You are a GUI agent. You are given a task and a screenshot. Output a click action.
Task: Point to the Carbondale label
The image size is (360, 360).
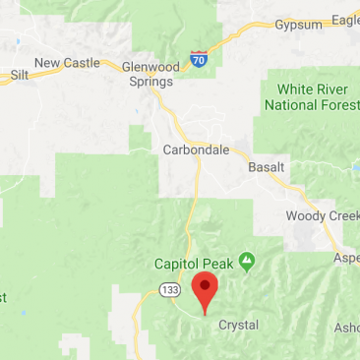point(196,150)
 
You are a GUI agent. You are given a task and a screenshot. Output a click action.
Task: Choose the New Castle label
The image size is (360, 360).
point(67,63)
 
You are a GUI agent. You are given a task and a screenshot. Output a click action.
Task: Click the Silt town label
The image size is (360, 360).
point(19,75)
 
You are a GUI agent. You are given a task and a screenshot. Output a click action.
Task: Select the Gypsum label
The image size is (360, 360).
point(298,24)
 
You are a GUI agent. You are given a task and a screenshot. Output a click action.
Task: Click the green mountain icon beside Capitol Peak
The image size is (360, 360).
point(247,262)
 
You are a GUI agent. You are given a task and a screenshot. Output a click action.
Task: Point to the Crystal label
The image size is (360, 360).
point(238,325)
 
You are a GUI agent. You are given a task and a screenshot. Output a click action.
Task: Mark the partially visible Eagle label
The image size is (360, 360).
point(345,19)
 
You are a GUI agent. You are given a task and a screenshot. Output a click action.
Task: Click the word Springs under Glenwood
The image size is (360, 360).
point(150,81)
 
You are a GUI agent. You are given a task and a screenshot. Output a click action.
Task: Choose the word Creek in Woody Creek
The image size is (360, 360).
point(339,215)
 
